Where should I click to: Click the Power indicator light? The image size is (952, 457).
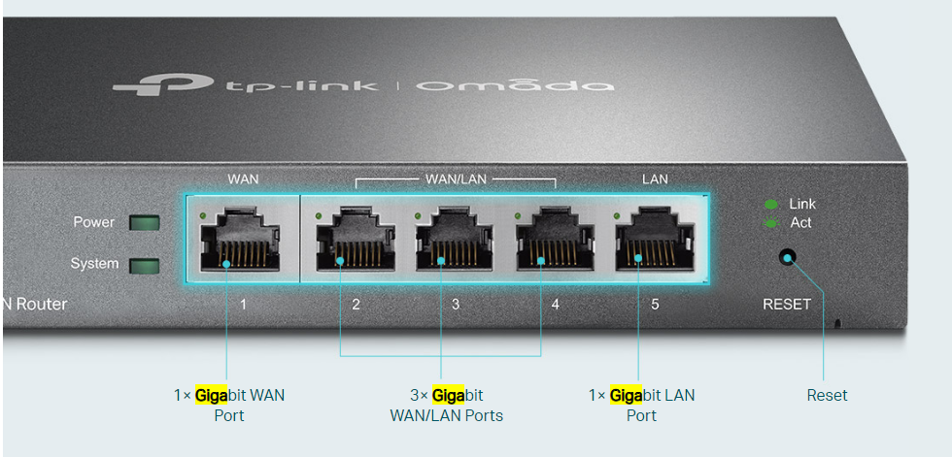click(144, 223)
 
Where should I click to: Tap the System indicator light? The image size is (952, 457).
click(144, 265)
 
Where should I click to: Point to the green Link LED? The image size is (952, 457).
click(771, 205)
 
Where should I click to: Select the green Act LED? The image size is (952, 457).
click(771, 223)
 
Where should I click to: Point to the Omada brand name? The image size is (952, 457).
click(515, 85)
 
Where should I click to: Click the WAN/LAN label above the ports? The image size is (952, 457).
click(456, 180)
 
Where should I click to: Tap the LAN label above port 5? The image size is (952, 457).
click(655, 180)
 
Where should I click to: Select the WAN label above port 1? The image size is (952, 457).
click(243, 180)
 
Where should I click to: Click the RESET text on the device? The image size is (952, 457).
click(787, 305)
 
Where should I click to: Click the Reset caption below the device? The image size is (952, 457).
click(827, 396)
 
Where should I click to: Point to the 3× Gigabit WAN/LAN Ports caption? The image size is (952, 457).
click(446, 406)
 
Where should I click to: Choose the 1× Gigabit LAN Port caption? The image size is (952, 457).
click(641, 406)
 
